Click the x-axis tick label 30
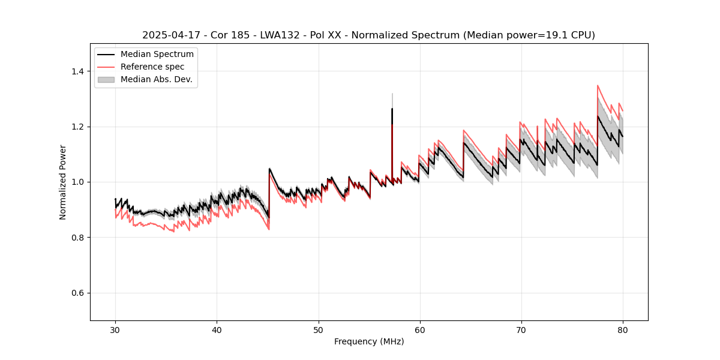(x=115, y=329)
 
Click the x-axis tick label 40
(x=217, y=329)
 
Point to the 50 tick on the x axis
(x=318, y=329)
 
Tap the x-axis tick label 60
(x=419, y=329)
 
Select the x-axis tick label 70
(x=521, y=329)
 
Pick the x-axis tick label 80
(x=622, y=329)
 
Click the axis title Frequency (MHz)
(x=369, y=341)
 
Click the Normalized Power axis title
(x=63, y=182)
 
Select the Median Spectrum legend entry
(x=157, y=55)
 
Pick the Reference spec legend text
(x=152, y=67)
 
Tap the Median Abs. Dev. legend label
(x=156, y=79)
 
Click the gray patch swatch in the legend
(x=107, y=79)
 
